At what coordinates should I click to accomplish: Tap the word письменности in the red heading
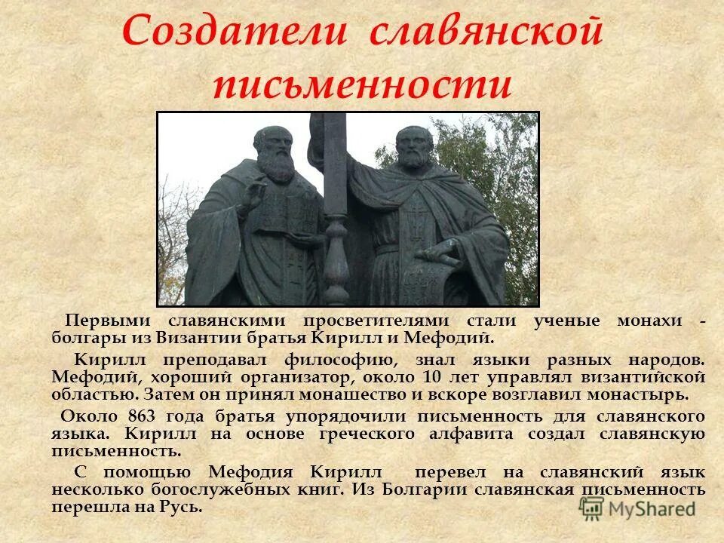[x=362, y=84]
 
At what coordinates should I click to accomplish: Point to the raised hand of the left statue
[x=252, y=198]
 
